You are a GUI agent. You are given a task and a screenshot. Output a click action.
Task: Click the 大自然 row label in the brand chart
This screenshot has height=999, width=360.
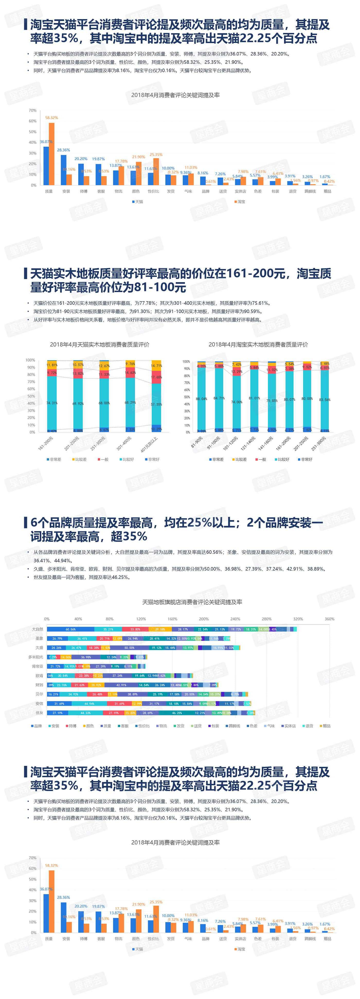(x=38, y=629)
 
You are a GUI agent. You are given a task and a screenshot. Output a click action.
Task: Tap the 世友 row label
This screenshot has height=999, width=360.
(x=39, y=713)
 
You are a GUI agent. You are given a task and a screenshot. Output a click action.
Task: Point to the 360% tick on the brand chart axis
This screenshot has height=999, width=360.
(x=329, y=619)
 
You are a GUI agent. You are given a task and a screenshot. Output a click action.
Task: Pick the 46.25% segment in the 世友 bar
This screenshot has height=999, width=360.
(x=177, y=713)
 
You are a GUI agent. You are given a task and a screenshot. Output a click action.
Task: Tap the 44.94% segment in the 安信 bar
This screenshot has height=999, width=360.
(x=89, y=704)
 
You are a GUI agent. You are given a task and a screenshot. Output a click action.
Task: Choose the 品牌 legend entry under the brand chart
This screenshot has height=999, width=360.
(x=37, y=726)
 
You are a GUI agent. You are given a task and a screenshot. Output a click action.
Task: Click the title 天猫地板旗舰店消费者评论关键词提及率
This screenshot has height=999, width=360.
(x=192, y=602)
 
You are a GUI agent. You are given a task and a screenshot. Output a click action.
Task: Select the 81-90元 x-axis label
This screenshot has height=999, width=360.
(x=197, y=443)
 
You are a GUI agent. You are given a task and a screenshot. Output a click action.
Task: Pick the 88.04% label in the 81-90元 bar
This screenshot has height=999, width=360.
(x=201, y=399)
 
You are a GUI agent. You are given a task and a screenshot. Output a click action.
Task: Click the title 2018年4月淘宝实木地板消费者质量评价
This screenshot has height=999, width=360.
(x=258, y=344)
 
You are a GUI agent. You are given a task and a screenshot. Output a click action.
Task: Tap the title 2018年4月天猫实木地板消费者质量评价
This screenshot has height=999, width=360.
(x=99, y=344)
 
